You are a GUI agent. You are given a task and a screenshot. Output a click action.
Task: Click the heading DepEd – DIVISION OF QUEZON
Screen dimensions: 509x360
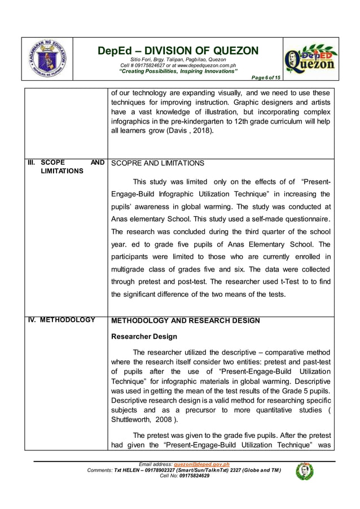(x=178, y=51)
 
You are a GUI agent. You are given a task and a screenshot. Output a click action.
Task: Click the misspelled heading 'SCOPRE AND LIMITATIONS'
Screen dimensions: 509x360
(x=158, y=163)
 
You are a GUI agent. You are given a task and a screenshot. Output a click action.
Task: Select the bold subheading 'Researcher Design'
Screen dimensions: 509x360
(x=144, y=336)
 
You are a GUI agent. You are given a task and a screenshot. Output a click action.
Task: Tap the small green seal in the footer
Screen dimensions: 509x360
(x=304, y=471)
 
